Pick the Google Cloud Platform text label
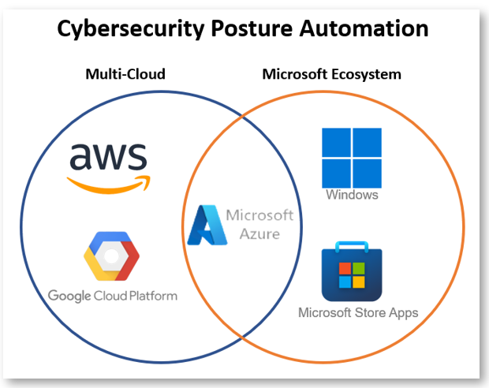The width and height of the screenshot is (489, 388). point(112,296)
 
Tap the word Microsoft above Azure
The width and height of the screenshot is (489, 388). point(259,215)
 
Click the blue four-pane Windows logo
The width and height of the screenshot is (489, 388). point(351,157)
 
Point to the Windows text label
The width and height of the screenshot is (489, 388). point(352,195)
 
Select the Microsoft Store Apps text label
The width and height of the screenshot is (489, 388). point(357,313)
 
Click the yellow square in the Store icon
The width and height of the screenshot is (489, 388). point(359,282)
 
